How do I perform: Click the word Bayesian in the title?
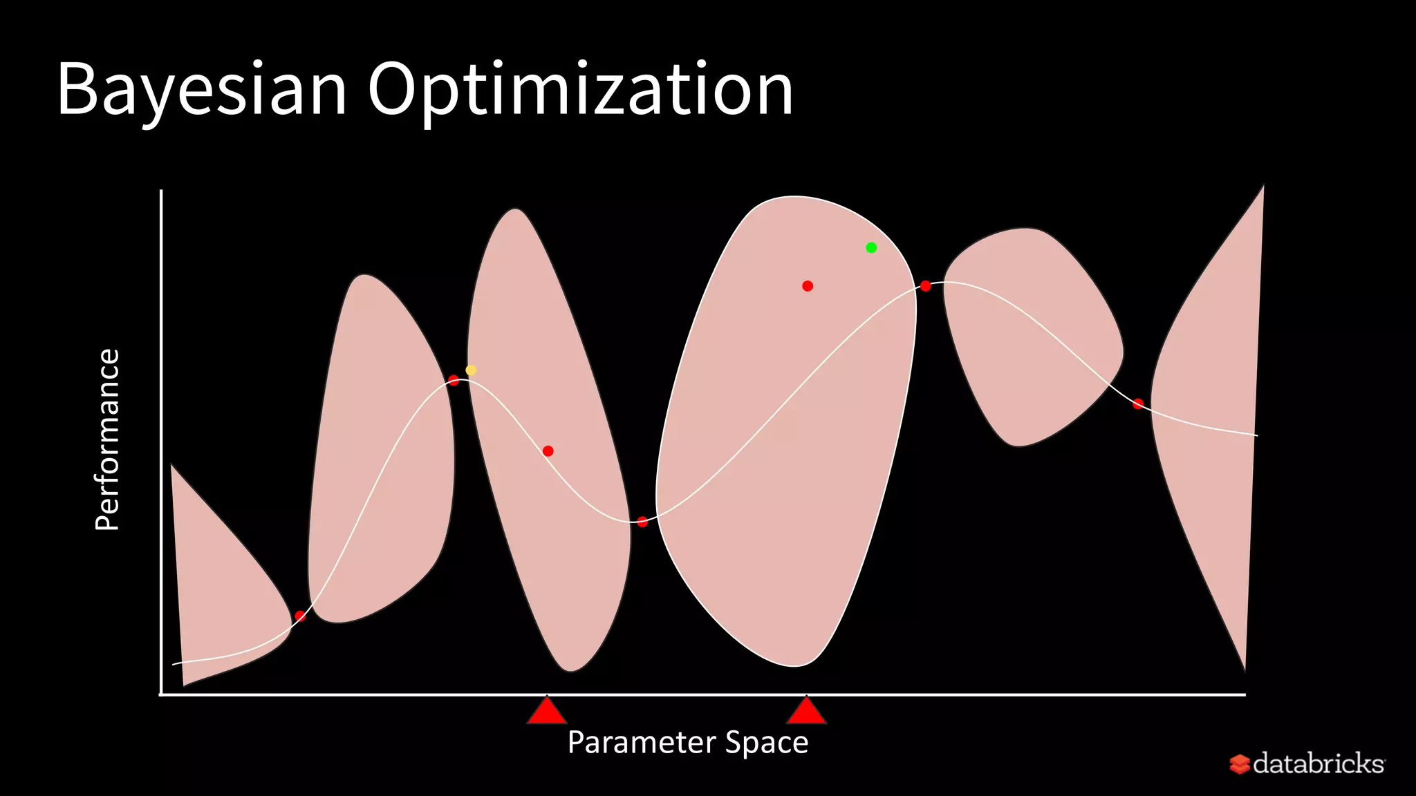click(x=201, y=90)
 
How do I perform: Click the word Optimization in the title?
click(x=580, y=90)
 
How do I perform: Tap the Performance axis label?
click(x=108, y=439)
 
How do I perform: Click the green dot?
click(x=871, y=247)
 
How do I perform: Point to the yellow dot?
click(x=471, y=370)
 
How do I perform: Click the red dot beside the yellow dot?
click(x=454, y=380)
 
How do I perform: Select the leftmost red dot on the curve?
click(x=300, y=616)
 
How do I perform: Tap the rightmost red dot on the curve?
click(x=1138, y=404)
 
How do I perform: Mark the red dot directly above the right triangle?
click(x=808, y=286)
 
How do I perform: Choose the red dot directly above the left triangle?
click(x=548, y=451)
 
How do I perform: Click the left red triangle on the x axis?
click(x=547, y=712)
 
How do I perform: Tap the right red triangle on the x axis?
click(x=806, y=712)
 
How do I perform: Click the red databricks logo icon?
click(x=1239, y=764)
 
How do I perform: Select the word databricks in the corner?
click(x=1318, y=764)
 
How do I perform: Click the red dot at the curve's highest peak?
click(x=926, y=286)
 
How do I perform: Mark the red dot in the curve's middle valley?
click(x=642, y=522)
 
